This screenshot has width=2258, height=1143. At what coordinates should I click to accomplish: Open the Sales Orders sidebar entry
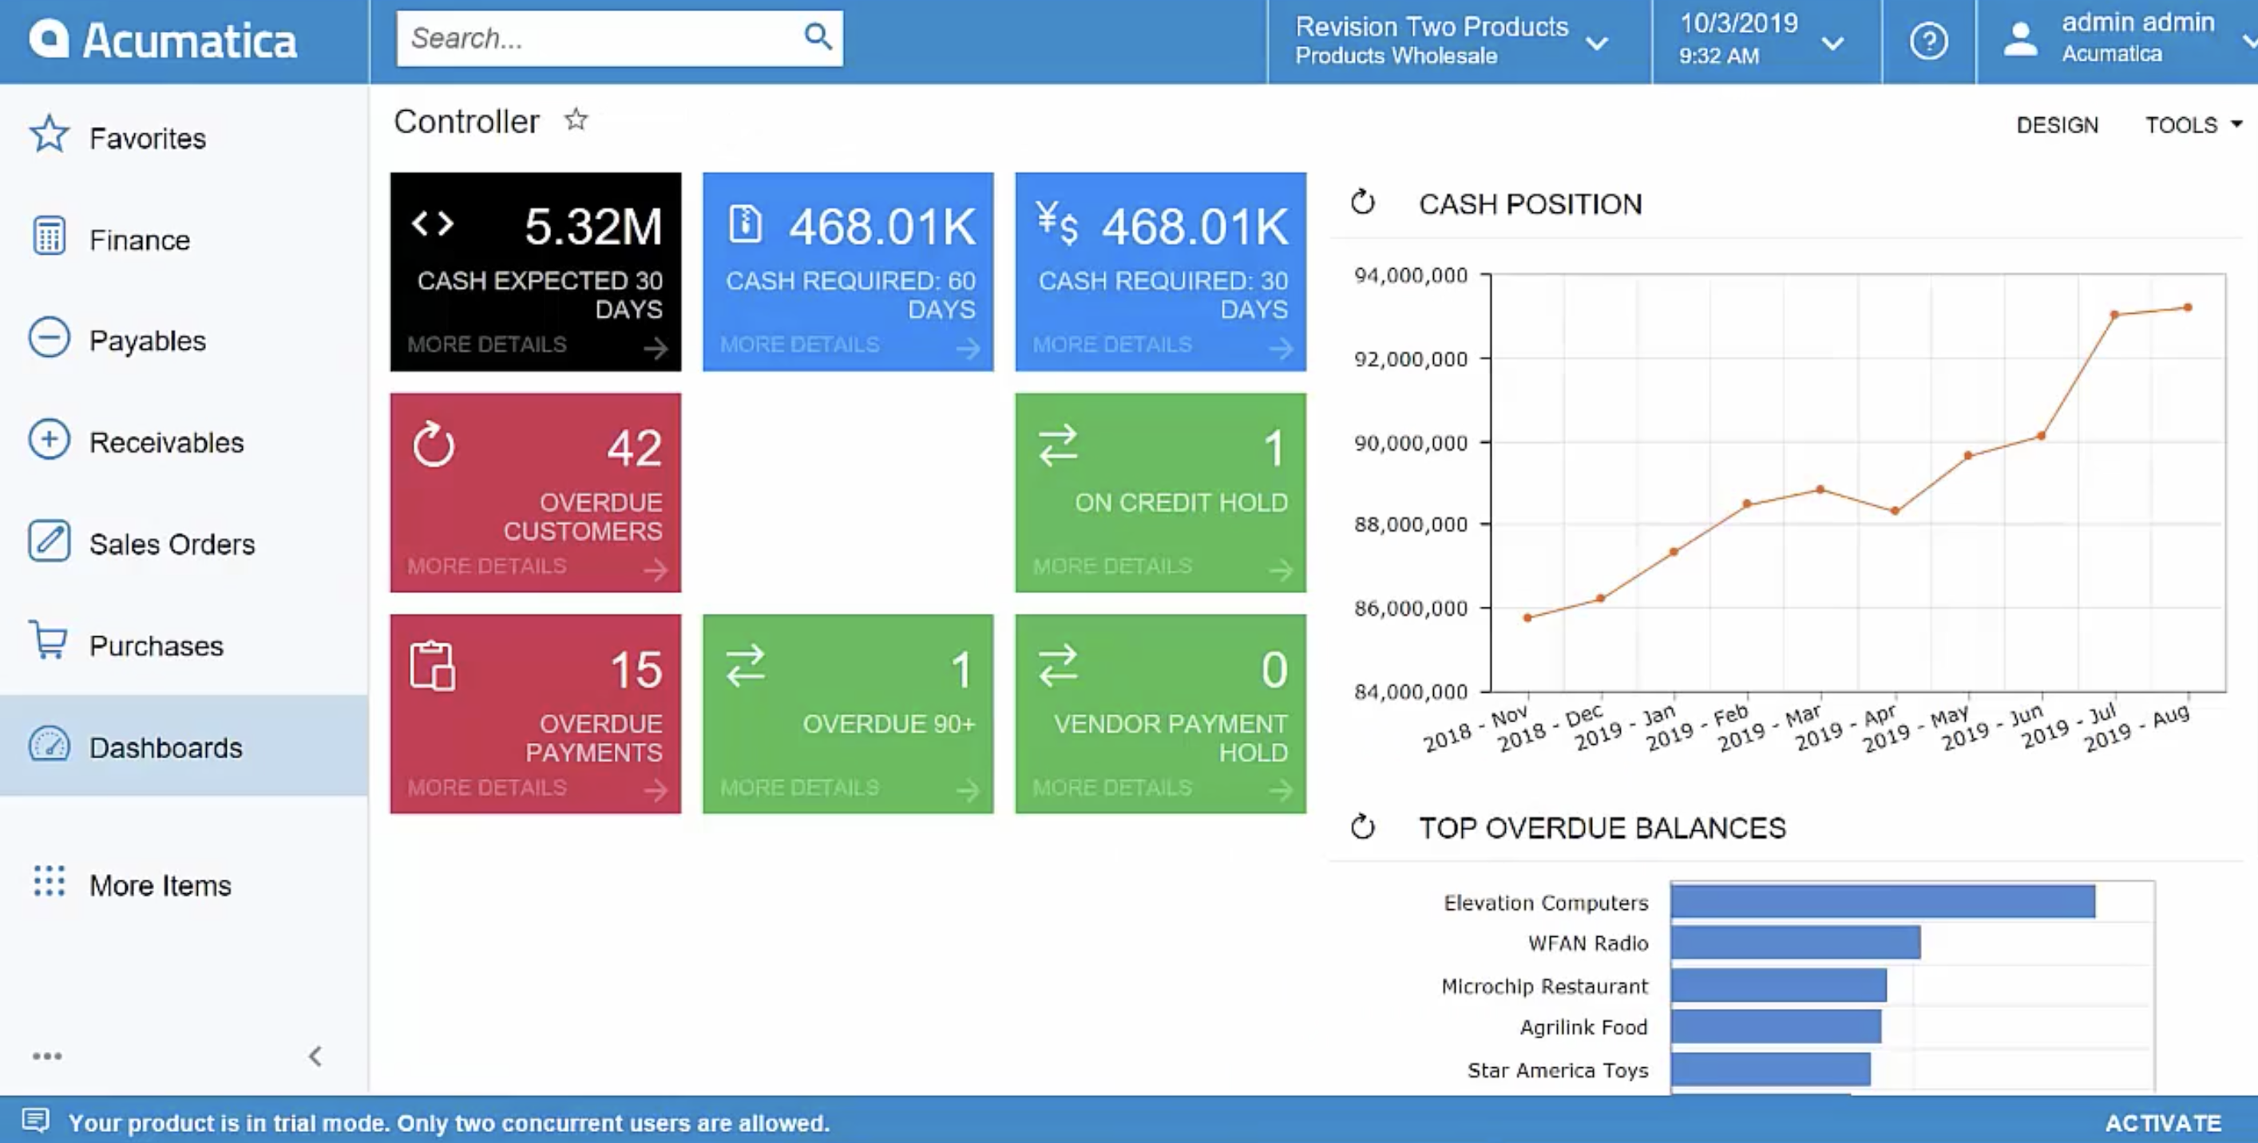click(x=171, y=544)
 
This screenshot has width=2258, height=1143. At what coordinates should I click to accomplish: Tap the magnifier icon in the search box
click(x=817, y=37)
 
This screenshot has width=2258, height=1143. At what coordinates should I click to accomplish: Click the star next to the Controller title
click(x=576, y=119)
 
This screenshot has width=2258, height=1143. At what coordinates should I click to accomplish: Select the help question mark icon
click(x=1927, y=42)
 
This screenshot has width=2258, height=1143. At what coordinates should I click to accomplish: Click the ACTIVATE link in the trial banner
click(x=2162, y=1122)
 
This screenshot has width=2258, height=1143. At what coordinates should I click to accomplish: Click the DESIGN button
click(x=2057, y=125)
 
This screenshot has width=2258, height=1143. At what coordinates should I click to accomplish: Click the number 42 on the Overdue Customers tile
click(x=634, y=448)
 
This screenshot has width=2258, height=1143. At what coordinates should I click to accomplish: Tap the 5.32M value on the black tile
click(x=592, y=226)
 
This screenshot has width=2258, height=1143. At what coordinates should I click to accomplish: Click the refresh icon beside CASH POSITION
click(x=1362, y=203)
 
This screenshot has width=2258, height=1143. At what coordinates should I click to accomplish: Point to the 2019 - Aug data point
click(x=2188, y=307)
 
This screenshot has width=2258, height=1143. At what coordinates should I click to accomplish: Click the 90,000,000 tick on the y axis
click(x=1409, y=443)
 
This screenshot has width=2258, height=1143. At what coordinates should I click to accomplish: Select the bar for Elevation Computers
click(x=1881, y=901)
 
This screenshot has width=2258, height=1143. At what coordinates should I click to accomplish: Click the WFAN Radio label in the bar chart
click(x=1587, y=943)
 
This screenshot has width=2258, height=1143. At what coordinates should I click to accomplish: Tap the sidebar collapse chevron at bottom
click(x=315, y=1056)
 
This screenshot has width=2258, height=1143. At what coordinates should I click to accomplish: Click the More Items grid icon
click(x=49, y=881)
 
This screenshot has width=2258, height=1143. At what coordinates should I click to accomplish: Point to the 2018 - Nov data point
click(x=1528, y=618)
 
